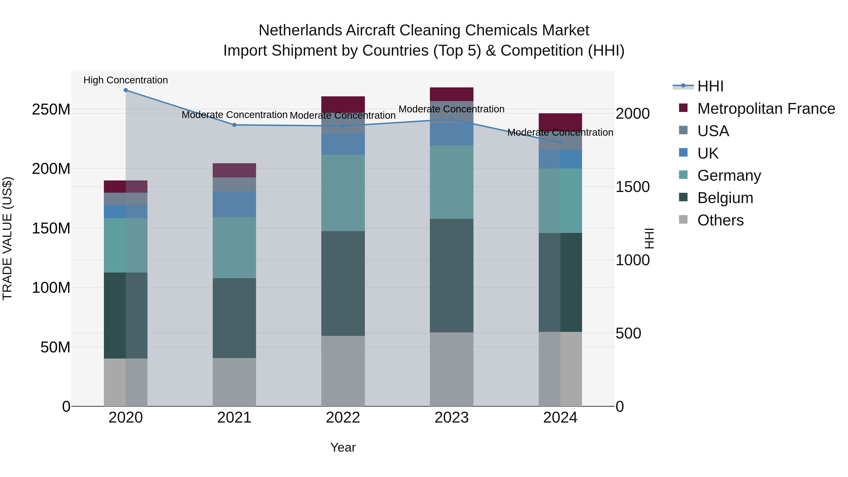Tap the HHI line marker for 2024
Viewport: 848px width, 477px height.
click(560, 143)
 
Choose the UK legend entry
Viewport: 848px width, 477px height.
click(708, 153)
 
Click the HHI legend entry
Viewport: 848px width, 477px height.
click(710, 86)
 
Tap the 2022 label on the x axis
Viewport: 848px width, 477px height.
click(343, 418)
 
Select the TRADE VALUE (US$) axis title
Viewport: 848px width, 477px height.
click(7, 238)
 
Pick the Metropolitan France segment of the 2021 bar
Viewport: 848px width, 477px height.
click(234, 170)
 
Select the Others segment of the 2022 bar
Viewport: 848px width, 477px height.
click(343, 371)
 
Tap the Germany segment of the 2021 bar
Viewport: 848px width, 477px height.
click(234, 248)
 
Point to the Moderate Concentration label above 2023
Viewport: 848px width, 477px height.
click(451, 109)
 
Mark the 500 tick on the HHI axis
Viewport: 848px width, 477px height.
click(628, 334)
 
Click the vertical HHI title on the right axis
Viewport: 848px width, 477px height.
click(649, 238)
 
